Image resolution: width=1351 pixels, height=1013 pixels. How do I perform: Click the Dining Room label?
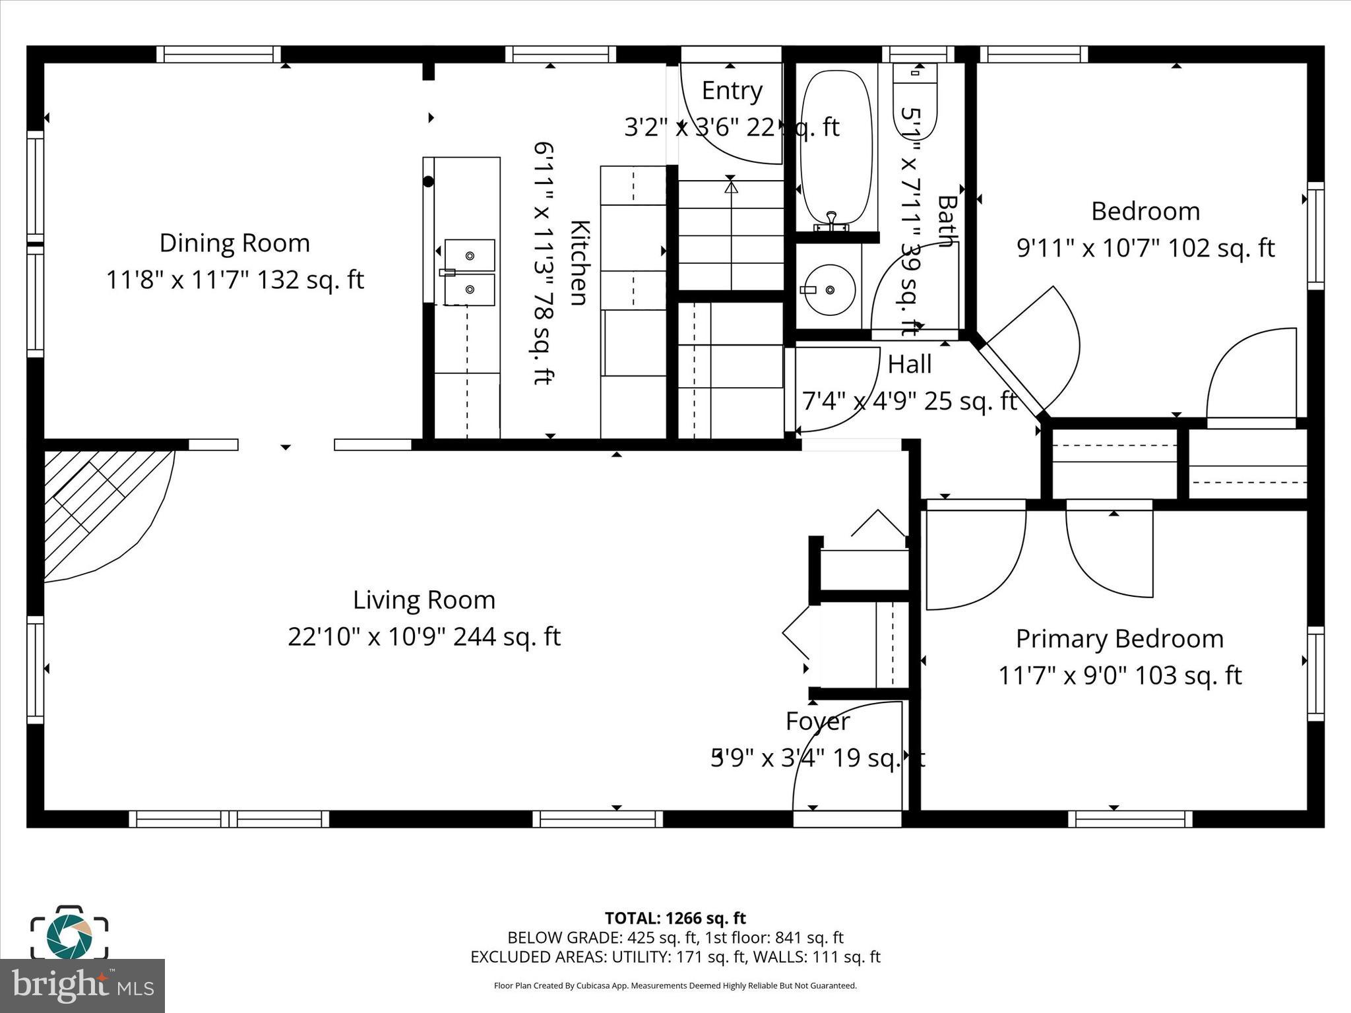coord(235,243)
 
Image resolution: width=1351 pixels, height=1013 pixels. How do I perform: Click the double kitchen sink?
coord(469,272)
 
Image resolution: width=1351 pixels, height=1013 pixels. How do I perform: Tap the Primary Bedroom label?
coord(1119,639)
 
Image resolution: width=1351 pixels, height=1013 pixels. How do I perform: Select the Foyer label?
coord(817,721)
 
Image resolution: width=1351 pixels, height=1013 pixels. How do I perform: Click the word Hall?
coord(909,364)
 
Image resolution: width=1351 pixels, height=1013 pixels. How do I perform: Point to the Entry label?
coord(732,90)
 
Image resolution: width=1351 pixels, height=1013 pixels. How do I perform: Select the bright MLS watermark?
coord(82,985)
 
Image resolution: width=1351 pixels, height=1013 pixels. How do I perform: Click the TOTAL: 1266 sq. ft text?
coord(675,918)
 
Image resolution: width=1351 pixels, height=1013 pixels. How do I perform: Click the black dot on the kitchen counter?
coord(428,182)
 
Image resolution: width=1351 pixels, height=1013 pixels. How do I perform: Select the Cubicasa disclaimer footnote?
coord(675,986)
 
